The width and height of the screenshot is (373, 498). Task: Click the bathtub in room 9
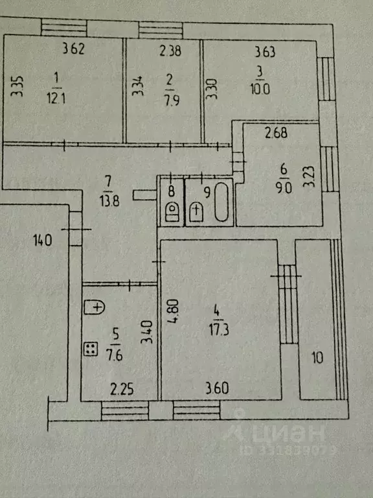pos(221,202)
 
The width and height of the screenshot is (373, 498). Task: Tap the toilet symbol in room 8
pos(172,211)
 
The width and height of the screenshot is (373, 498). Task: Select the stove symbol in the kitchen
pos(91,349)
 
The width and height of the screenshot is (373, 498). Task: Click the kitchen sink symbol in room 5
pos(95,307)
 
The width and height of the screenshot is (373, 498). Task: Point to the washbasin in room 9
pos(196,212)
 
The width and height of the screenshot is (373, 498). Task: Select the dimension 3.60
pos(218,388)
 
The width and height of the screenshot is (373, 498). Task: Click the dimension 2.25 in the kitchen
pos(122,389)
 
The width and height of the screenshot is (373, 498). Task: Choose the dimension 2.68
pos(277,133)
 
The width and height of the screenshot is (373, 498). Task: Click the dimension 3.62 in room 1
pos(74,49)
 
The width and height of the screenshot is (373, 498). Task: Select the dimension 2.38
pos(170,51)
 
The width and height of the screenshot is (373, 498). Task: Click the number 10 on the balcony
pos(317,358)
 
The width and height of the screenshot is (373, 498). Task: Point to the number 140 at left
pos(43,240)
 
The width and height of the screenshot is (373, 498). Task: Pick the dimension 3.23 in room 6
pos(309,177)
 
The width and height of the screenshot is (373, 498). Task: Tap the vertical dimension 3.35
pos(17,86)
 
